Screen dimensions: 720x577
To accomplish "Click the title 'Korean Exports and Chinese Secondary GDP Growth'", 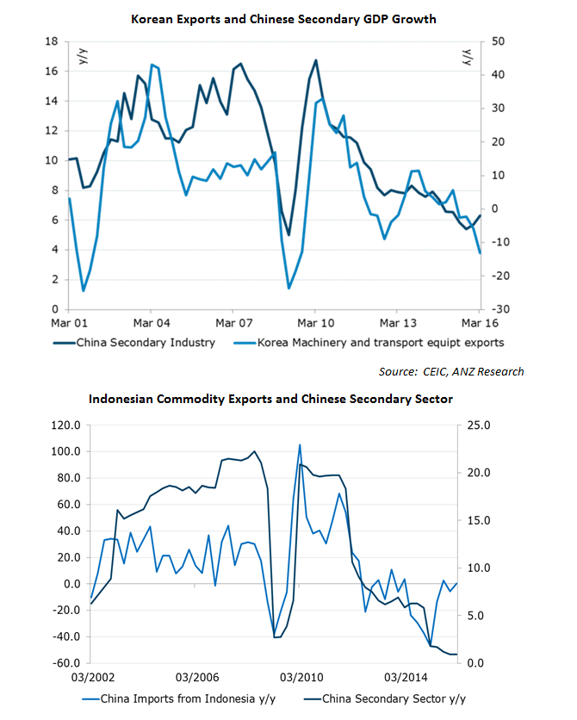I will point(283,18).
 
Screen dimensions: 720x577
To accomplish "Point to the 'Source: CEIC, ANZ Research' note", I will point(451,371).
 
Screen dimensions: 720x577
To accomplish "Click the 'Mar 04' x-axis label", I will point(151,323).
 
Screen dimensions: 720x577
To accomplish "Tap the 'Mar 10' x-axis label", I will point(314,323).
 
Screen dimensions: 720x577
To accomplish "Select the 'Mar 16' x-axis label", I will point(479,323).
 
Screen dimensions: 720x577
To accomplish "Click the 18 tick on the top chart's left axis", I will point(51,41).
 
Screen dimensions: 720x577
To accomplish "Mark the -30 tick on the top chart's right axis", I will point(499,309).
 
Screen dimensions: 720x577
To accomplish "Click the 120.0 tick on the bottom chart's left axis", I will point(65,425).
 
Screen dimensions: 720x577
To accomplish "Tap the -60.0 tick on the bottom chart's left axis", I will point(65,663).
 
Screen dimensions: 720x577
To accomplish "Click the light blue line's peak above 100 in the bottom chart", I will point(300,445).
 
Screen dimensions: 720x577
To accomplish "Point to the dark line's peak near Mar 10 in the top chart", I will point(315,60).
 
